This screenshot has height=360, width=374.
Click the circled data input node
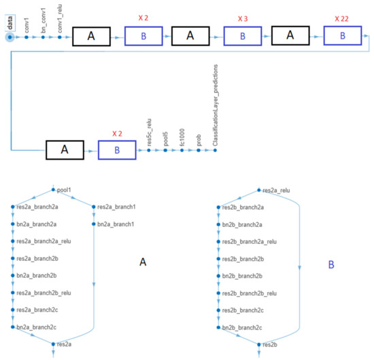pyautogui.click(x=10, y=37)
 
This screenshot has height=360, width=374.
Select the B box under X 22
pyautogui.click(x=342, y=37)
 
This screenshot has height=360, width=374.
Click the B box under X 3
pyautogui.click(x=243, y=37)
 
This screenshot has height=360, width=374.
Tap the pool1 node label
pyautogui.click(x=65, y=192)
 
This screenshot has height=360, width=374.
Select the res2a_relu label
pyautogui.click(x=277, y=192)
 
